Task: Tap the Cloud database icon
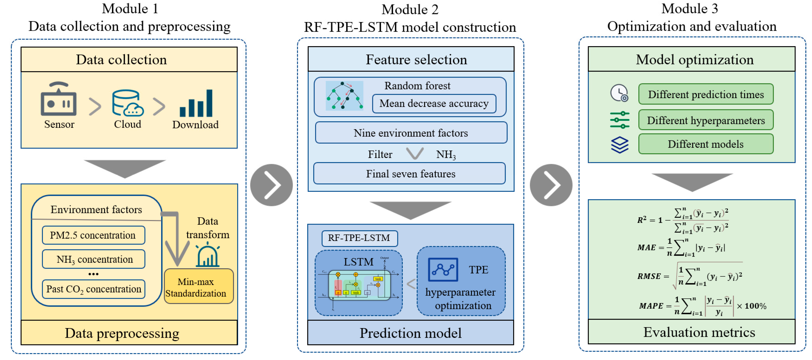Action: [x=127, y=103]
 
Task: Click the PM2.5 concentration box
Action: [x=93, y=235]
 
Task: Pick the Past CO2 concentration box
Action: [x=93, y=289]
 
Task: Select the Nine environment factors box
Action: [x=411, y=133]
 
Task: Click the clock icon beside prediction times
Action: [x=619, y=93]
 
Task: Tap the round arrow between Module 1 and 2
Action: [x=271, y=185]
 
